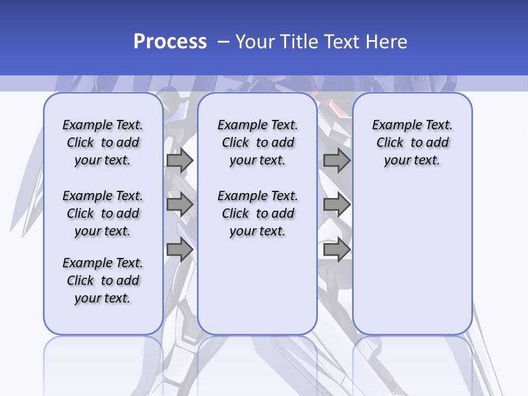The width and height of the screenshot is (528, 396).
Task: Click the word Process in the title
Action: pyautogui.click(x=170, y=41)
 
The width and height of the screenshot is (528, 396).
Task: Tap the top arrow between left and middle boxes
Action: pyautogui.click(x=180, y=161)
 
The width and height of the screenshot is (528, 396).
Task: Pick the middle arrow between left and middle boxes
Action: pyautogui.click(x=180, y=205)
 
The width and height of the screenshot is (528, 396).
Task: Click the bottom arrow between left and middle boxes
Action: pyautogui.click(x=180, y=250)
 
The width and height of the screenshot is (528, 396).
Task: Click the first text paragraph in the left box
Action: pyautogui.click(x=103, y=142)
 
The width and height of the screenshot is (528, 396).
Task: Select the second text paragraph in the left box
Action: pyautogui.click(x=103, y=213)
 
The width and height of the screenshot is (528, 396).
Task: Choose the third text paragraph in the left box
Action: pyautogui.click(x=103, y=280)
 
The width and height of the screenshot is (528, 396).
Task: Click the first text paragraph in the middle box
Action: pyautogui.click(x=257, y=142)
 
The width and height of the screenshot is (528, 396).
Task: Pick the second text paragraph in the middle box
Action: pyautogui.click(x=257, y=213)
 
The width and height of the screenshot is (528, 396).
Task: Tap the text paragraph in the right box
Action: pyautogui.click(x=412, y=142)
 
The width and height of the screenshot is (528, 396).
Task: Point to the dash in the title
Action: pyautogui.click(x=223, y=42)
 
